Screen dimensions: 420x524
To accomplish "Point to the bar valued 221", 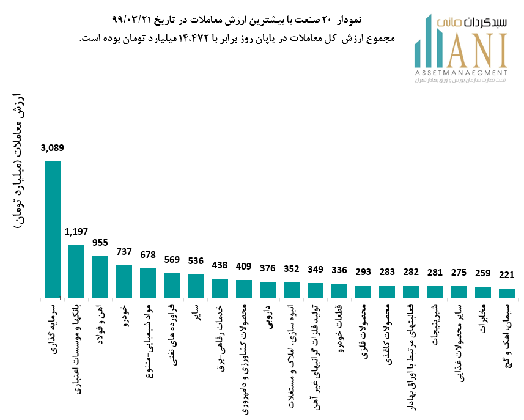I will pos(507,293).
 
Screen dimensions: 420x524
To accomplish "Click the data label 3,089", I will pos(53,147).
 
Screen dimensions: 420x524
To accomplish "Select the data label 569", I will pos(172,259).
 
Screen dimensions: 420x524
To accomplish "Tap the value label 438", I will pos(220,265).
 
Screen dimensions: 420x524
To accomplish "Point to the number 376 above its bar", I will pos(267,268).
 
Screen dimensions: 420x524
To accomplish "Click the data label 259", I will pos(483,273).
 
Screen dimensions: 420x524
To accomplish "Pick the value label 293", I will pos(363,271).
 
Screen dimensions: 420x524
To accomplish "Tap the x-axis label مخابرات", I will pos(483,320).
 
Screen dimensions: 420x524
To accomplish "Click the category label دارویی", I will pos(267,314).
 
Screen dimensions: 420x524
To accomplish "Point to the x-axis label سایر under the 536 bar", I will pos(196,310).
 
